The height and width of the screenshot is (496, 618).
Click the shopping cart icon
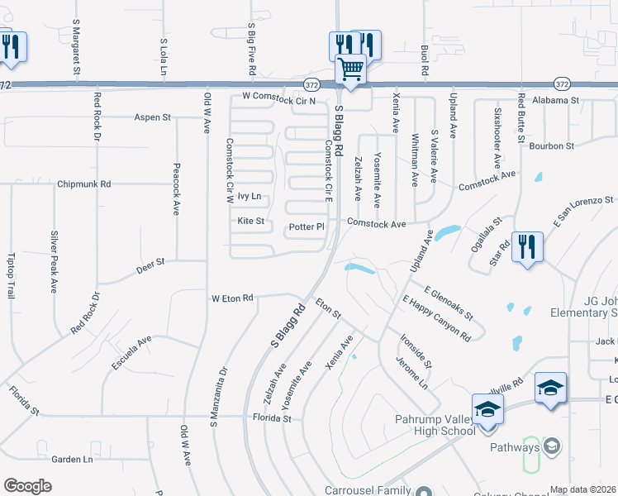point(351,69)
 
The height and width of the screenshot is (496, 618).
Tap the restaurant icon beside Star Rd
point(526,246)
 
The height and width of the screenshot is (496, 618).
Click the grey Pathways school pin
point(551,447)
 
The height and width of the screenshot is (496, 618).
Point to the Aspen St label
point(152,117)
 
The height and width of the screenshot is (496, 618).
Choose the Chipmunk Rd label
point(84,184)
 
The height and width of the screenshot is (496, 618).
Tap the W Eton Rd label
point(232,298)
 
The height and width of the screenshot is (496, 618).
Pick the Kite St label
point(250,221)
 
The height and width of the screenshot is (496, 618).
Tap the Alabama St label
point(556,100)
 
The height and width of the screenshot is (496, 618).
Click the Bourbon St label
point(551,145)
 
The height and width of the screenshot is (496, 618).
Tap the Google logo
point(27,486)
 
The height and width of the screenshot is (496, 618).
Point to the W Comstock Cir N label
point(278,97)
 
